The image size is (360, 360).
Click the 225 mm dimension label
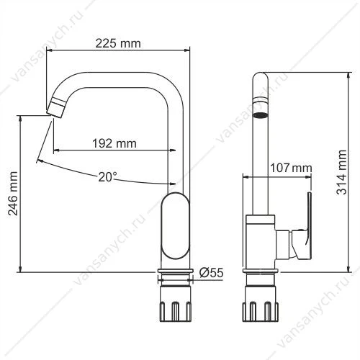coord(118,44)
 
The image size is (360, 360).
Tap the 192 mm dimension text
coord(114,143)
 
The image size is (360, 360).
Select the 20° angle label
coord(107,177)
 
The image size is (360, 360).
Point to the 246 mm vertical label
coord(13,194)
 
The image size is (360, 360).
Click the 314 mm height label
coord(341,172)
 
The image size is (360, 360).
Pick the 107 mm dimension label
coord(291,168)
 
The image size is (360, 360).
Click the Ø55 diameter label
coord(211,273)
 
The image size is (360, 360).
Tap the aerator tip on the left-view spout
coord(55,109)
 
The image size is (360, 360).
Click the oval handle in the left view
coord(176,225)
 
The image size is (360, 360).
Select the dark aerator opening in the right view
coord(261,115)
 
